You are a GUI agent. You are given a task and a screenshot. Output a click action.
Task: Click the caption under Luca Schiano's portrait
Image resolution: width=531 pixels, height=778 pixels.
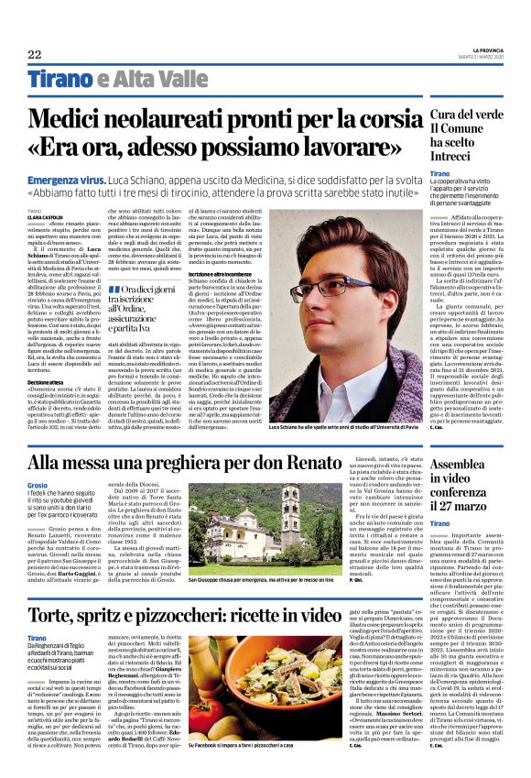[x=347, y=426]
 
